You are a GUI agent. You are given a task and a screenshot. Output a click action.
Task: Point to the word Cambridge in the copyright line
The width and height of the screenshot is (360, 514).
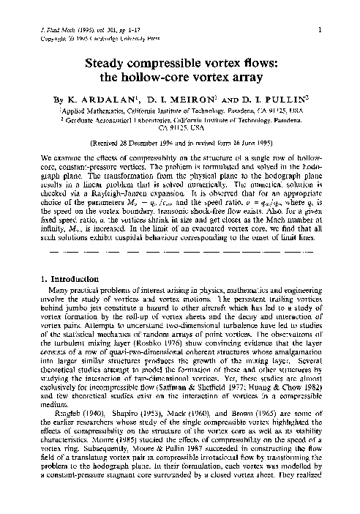pos(110,37)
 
